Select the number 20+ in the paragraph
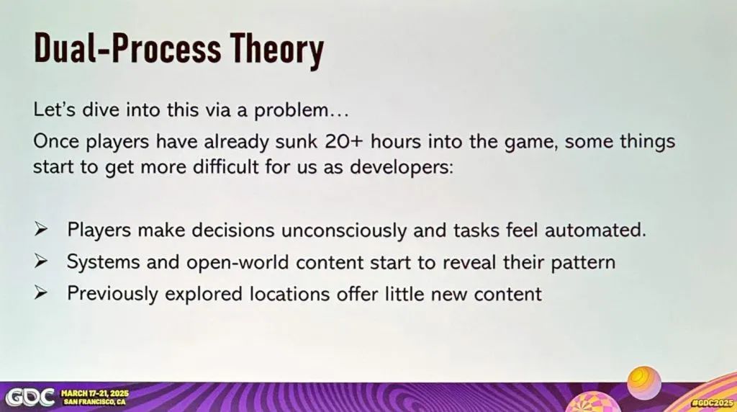tap(343, 142)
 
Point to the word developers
tap(401, 168)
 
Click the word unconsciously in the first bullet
tap(343, 230)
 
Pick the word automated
tap(595, 230)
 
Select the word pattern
tap(583, 262)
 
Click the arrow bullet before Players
tap(41, 230)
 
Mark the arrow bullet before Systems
tap(41, 261)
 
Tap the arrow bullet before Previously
tap(41, 293)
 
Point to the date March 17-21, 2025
tap(95, 394)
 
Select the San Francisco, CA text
tap(95, 402)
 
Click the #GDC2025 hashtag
tap(713, 403)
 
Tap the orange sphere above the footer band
tap(644, 383)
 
